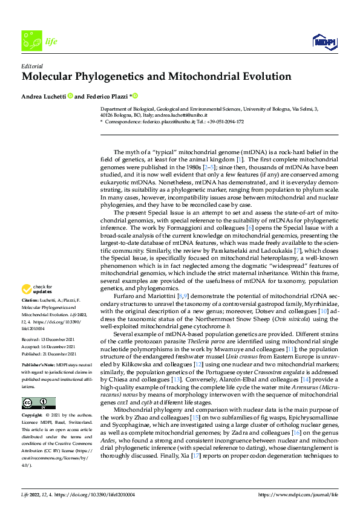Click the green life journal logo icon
click(x=31, y=41)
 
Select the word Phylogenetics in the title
click(x=105, y=77)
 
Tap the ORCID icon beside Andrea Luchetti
click(x=70, y=96)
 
